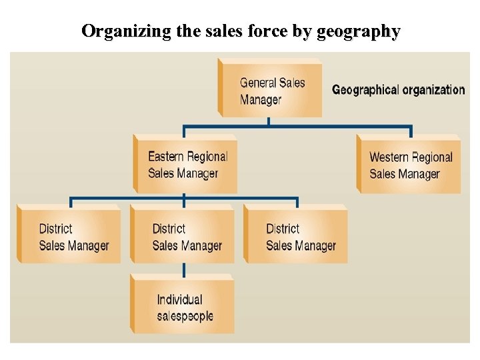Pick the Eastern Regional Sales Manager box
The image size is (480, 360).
pyautogui.click(x=186, y=165)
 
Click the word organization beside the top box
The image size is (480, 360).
pyautogui.click(x=433, y=89)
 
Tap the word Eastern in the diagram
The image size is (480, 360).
pyautogui.click(x=165, y=157)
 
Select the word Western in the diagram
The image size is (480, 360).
pyautogui.click(x=388, y=157)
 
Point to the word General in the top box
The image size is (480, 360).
pyautogui.click(x=257, y=83)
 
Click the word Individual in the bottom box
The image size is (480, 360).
pyautogui.click(x=179, y=299)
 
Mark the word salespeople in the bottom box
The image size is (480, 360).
pyautogui.click(x=185, y=315)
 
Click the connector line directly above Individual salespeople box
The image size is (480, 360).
pyautogui.click(x=184, y=269)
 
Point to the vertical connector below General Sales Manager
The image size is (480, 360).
pyautogui.click(x=268, y=122)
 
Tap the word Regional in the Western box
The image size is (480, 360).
pyautogui.click(x=432, y=157)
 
